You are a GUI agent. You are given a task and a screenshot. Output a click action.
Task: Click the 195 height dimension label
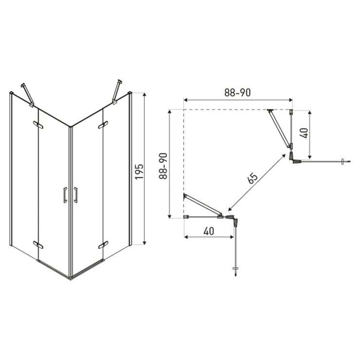[139, 171]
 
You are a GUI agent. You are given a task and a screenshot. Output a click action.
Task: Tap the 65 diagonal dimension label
[252, 178]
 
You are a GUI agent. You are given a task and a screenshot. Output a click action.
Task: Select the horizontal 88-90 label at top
[237, 92]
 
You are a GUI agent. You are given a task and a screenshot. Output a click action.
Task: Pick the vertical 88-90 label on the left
[163, 166]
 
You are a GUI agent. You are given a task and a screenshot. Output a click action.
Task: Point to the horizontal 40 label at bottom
[209, 231]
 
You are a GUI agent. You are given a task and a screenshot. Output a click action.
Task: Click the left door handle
[65, 195]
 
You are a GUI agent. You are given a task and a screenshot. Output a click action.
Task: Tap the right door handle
[75, 195]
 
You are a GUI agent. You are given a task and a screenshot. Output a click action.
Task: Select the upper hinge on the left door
[38, 125]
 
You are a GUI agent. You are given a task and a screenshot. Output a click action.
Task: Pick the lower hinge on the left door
[38, 245]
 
